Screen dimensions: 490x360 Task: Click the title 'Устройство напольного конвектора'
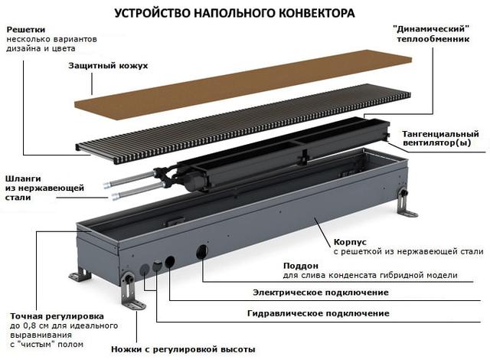[x=234, y=13]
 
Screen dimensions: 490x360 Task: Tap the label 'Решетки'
[x=26, y=30]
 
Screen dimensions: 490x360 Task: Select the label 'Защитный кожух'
[x=108, y=66]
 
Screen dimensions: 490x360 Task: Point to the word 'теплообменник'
[x=433, y=39]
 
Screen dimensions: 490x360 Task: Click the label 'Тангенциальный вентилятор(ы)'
[x=441, y=139]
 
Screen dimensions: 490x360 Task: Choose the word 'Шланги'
[x=23, y=178]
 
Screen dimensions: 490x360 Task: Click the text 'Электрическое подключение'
[x=321, y=293]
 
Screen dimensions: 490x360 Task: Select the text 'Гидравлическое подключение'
[x=318, y=313]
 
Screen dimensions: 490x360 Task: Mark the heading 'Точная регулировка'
[x=57, y=316]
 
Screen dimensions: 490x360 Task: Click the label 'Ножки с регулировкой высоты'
[x=183, y=349]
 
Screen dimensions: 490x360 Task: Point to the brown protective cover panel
[x=243, y=84]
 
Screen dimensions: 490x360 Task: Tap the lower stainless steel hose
[x=138, y=192]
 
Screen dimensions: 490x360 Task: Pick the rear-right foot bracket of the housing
[x=406, y=203]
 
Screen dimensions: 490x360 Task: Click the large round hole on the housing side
[x=202, y=252]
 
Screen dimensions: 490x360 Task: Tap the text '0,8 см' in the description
[x=34, y=326]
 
